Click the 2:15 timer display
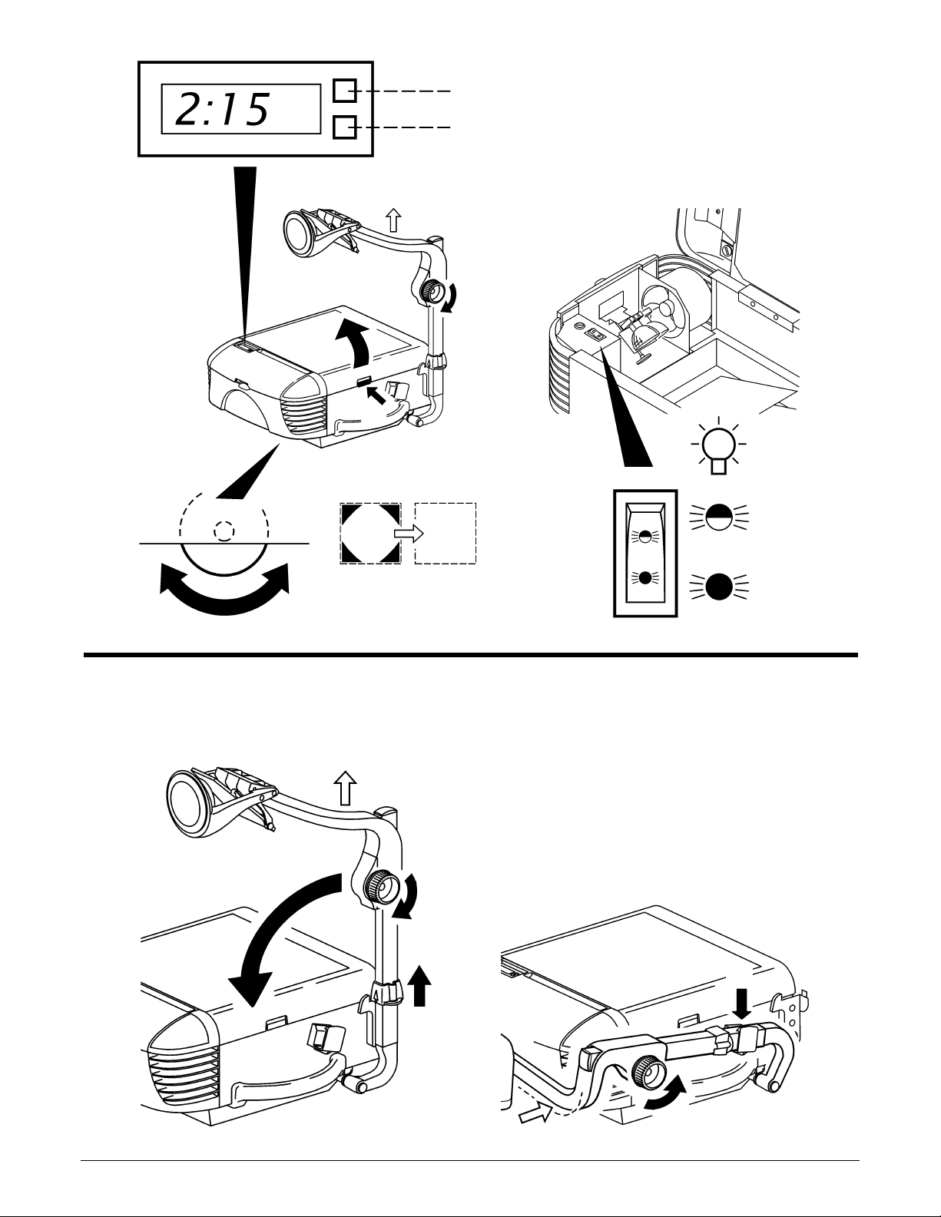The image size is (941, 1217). [x=240, y=109]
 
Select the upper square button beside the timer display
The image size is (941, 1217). [x=344, y=91]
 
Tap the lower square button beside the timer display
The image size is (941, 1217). [x=344, y=127]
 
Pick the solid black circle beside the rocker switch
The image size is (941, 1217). [x=719, y=589]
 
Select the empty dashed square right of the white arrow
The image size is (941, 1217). [x=446, y=534]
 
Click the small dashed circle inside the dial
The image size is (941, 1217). [x=223, y=531]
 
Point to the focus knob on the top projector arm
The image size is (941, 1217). [x=432, y=291]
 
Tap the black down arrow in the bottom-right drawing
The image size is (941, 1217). [x=741, y=1004]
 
